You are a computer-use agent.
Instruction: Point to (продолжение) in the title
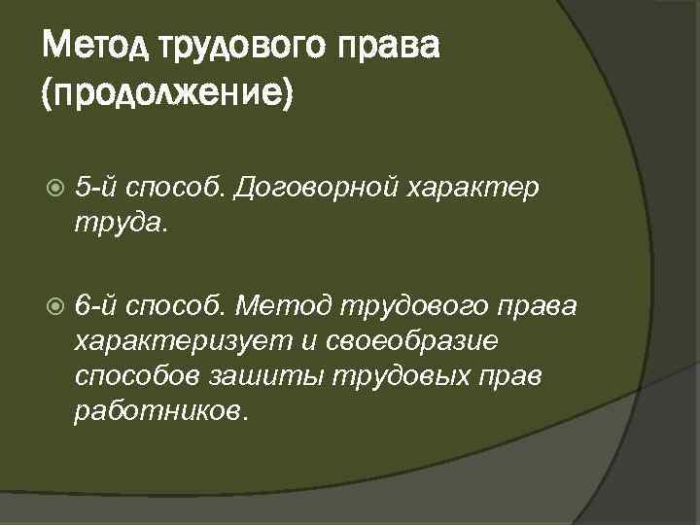click(x=168, y=95)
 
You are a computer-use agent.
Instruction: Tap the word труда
click(x=121, y=224)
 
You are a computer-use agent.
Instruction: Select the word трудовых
click(x=373, y=375)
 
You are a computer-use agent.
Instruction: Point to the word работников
click(x=160, y=409)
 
